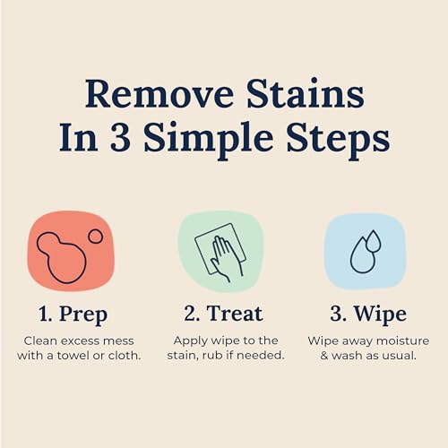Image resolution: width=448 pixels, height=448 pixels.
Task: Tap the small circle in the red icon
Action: (x=95, y=237)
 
